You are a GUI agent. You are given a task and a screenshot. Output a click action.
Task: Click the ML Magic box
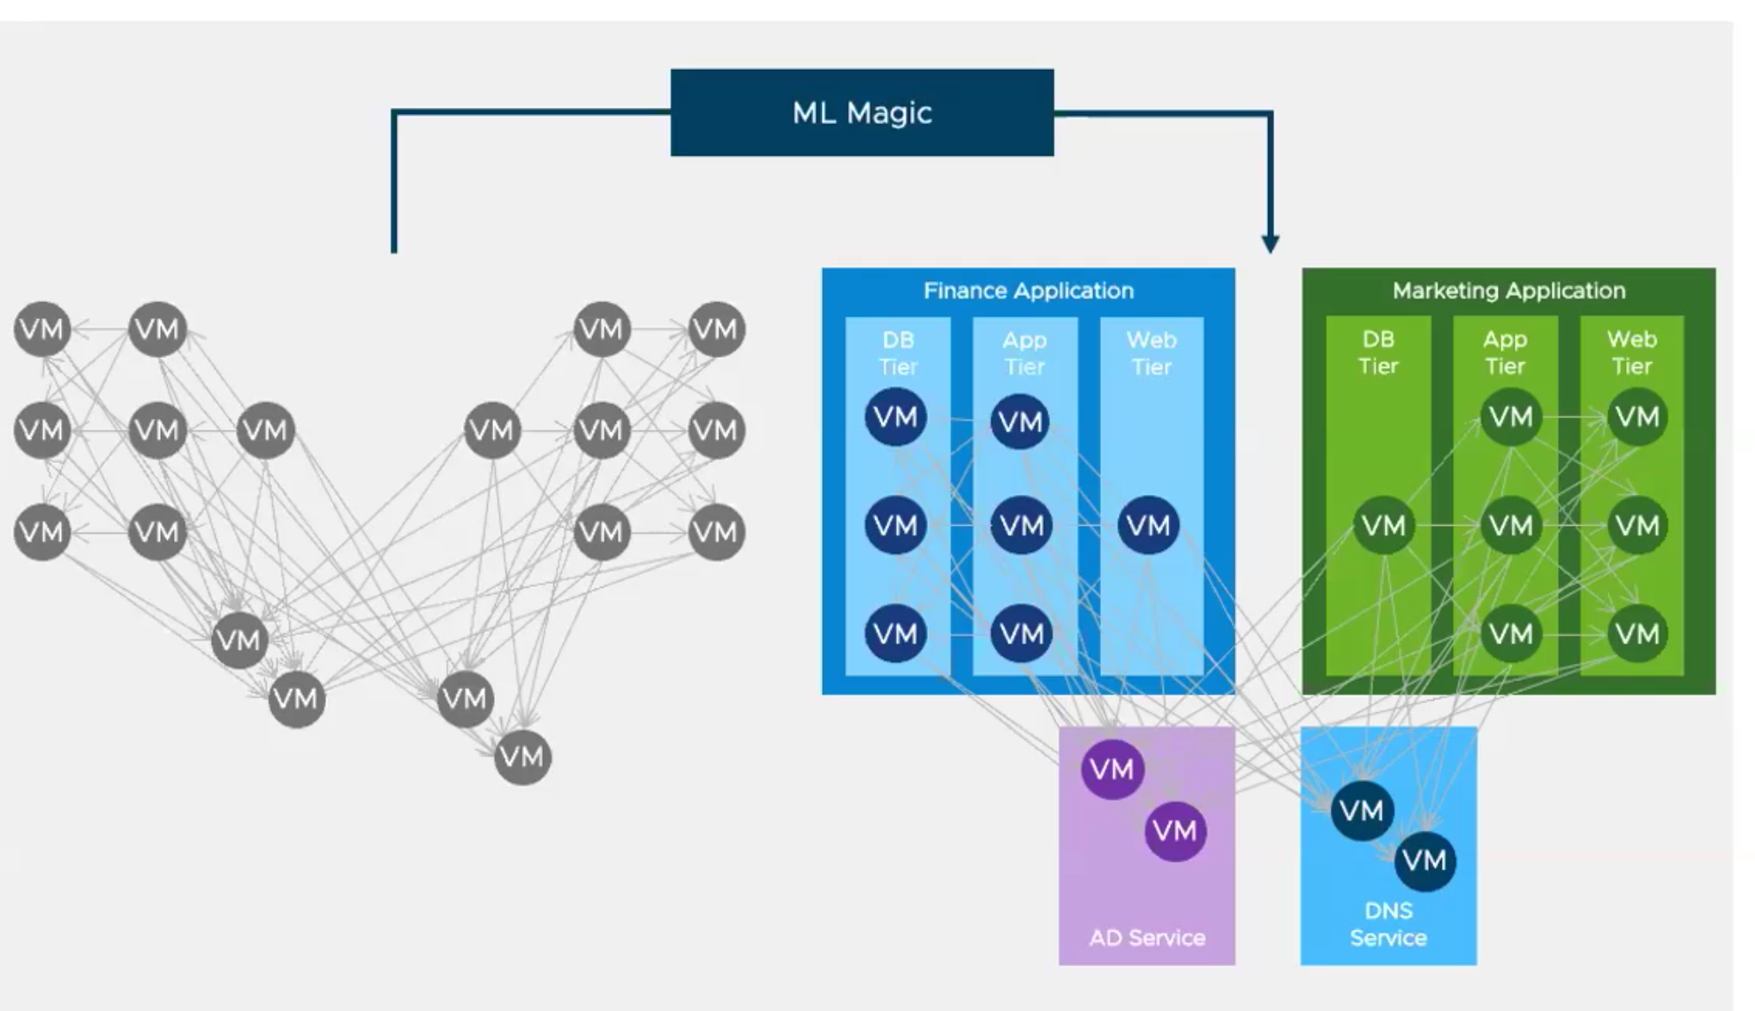click(x=862, y=113)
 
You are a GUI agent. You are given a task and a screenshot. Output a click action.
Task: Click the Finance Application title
click(x=1028, y=291)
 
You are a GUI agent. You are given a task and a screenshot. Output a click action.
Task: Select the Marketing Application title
click(x=1508, y=291)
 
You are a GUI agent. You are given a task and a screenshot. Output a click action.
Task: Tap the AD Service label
click(x=1147, y=938)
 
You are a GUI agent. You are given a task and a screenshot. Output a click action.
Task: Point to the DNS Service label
click(x=1387, y=924)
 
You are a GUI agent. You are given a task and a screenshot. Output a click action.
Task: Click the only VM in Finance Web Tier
click(x=1149, y=526)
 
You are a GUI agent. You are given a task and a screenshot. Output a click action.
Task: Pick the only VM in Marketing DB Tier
click(x=1383, y=526)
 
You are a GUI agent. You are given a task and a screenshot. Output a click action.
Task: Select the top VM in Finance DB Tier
click(x=895, y=417)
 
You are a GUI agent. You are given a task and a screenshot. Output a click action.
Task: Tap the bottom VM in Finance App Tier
click(x=1022, y=634)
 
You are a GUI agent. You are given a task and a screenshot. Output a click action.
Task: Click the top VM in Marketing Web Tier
click(x=1637, y=417)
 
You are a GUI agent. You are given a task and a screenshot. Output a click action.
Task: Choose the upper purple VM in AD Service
click(x=1112, y=770)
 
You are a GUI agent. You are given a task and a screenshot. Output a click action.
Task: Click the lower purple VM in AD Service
click(x=1174, y=831)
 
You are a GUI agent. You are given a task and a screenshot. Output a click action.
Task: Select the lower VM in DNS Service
click(x=1424, y=861)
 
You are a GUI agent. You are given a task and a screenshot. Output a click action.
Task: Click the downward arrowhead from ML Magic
click(x=1270, y=244)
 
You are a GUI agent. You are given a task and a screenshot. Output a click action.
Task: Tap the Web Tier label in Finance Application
click(x=1151, y=353)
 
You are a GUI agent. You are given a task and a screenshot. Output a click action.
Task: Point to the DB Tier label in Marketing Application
click(x=1378, y=353)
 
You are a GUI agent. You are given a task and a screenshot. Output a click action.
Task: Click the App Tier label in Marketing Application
click(x=1504, y=353)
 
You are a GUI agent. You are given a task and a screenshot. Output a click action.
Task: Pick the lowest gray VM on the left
click(x=522, y=757)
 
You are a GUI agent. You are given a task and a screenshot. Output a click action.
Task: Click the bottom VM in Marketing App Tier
click(x=1510, y=634)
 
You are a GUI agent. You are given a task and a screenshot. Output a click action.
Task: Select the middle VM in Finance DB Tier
click(x=895, y=526)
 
